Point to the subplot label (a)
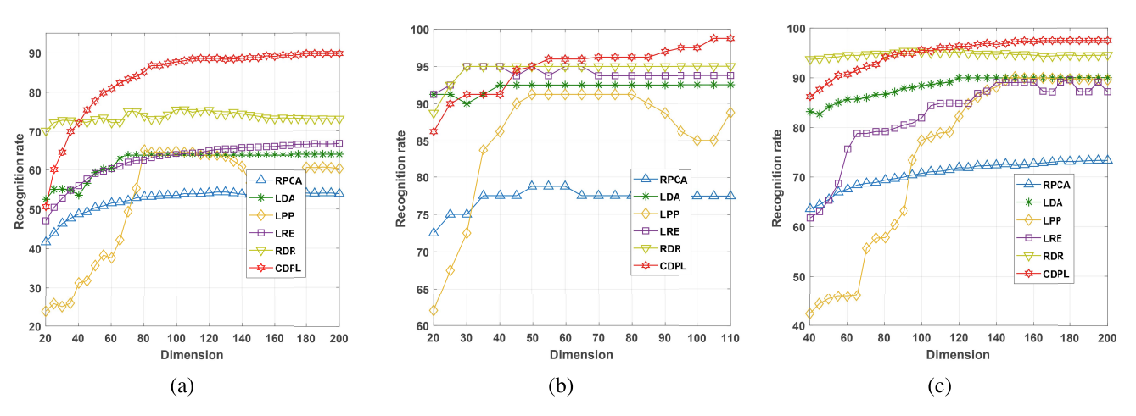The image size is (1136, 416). (x=182, y=387)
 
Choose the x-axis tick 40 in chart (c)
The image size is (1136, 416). (x=809, y=336)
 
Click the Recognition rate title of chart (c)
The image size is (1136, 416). (x=777, y=178)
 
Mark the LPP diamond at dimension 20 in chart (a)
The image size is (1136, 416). (x=46, y=311)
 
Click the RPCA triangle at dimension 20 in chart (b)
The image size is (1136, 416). (x=434, y=232)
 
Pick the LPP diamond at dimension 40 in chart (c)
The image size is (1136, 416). (x=809, y=313)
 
